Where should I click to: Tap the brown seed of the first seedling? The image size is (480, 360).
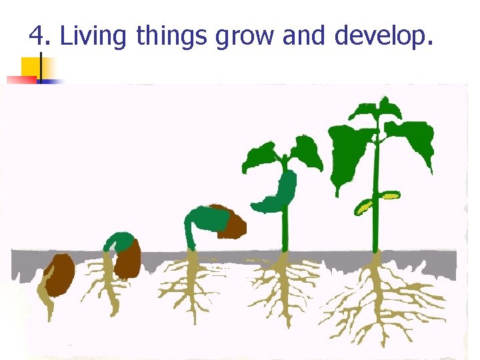tap(59, 274)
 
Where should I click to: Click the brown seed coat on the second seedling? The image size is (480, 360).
tap(128, 259)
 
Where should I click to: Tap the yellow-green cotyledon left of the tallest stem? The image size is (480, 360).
tap(363, 207)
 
